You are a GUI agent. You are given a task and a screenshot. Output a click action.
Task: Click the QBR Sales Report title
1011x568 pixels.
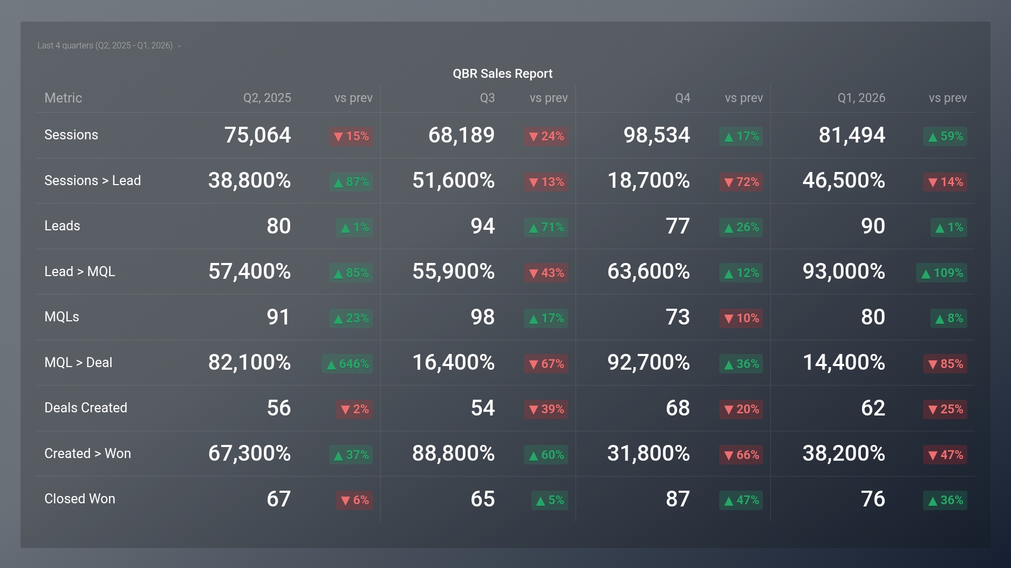[x=502, y=74]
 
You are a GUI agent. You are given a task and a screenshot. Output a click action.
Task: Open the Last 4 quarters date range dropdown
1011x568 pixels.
[x=109, y=46]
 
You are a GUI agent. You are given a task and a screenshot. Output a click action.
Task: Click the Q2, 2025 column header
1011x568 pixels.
[x=267, y=98]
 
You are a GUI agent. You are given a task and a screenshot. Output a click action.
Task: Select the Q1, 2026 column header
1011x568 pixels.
[x=861, y=98]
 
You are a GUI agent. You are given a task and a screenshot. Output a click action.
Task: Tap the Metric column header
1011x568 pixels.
[x=63, y=98]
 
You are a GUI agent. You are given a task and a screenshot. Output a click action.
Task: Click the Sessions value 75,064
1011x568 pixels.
[x=257, y=135]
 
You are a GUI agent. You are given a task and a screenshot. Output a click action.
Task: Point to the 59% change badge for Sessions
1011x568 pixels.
[x=945, y=136]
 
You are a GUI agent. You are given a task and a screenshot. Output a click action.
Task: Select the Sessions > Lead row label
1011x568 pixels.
[x=93, y=180]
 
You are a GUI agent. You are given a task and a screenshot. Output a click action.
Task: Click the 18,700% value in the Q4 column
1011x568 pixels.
[x=649, y=180]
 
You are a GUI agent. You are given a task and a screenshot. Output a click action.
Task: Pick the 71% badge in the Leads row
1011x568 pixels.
[x=546, y=227]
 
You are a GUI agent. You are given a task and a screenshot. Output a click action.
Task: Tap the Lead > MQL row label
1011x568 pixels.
[x=80, y=271]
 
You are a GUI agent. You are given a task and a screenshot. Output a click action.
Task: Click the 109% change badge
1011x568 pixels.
[x=941, y=273]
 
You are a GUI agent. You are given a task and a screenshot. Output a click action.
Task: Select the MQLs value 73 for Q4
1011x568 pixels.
[x=678, y=317]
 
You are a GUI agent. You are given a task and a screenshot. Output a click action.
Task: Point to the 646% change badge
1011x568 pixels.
[x=348, y=364]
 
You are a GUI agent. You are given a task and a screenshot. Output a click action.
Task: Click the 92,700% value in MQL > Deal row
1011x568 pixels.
[x=649, y=362]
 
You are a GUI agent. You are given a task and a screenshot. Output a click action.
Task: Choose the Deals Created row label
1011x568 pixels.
[x=86, y=408]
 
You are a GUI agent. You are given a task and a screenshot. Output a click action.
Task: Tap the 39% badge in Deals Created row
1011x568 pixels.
[x=546, y=409]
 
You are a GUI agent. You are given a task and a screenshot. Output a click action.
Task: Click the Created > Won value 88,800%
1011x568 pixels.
[x=453, y=453]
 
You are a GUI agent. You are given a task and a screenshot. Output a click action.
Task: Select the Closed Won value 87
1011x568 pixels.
[x=678, y=499]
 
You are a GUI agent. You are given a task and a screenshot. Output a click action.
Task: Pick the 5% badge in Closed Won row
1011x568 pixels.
[x=550, y=500]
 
